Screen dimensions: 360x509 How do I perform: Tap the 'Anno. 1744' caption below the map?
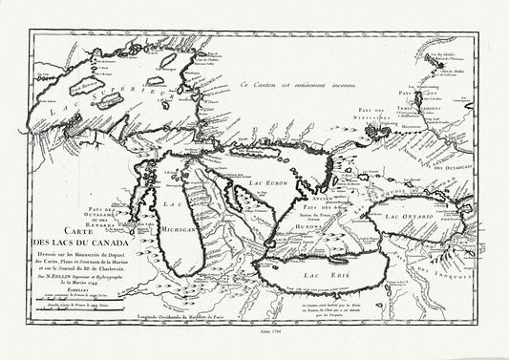[x=254, y=348]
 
